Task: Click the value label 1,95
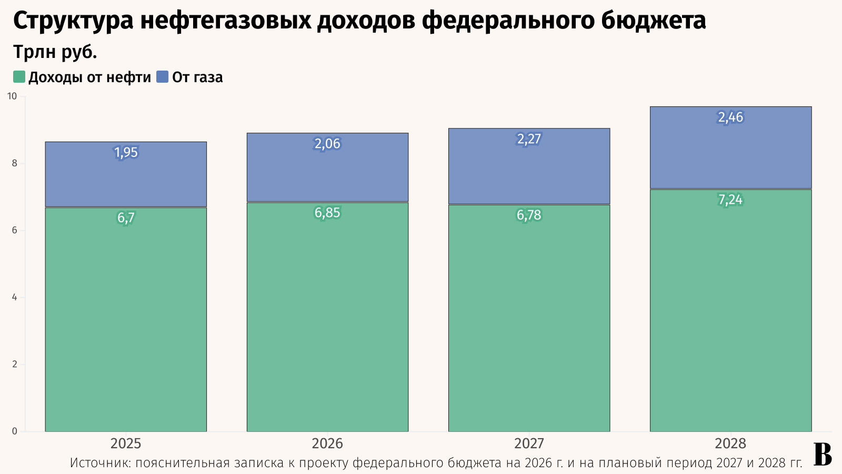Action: (x=126, y=153)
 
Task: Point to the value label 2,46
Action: (x=730, y=117)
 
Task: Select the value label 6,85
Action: (x=327, y=213)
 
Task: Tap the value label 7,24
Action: (x=730, y=200)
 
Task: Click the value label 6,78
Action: (x=529, y=215)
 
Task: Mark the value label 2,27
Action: (x=529, y=139)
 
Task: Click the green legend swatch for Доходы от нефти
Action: (x=19, y=77)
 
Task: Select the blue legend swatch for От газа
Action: (x=163, y=77)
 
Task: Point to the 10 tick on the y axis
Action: (x=12, y=96)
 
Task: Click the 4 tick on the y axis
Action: (x=14, y=298)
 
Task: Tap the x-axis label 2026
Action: (x=327, y=443)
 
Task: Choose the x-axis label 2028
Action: (x=730, y=443)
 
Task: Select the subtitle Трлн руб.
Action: (x=55, y=52)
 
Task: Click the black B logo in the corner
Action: (x=823, y=454)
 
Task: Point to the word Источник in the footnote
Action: (x=100, y=463)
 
